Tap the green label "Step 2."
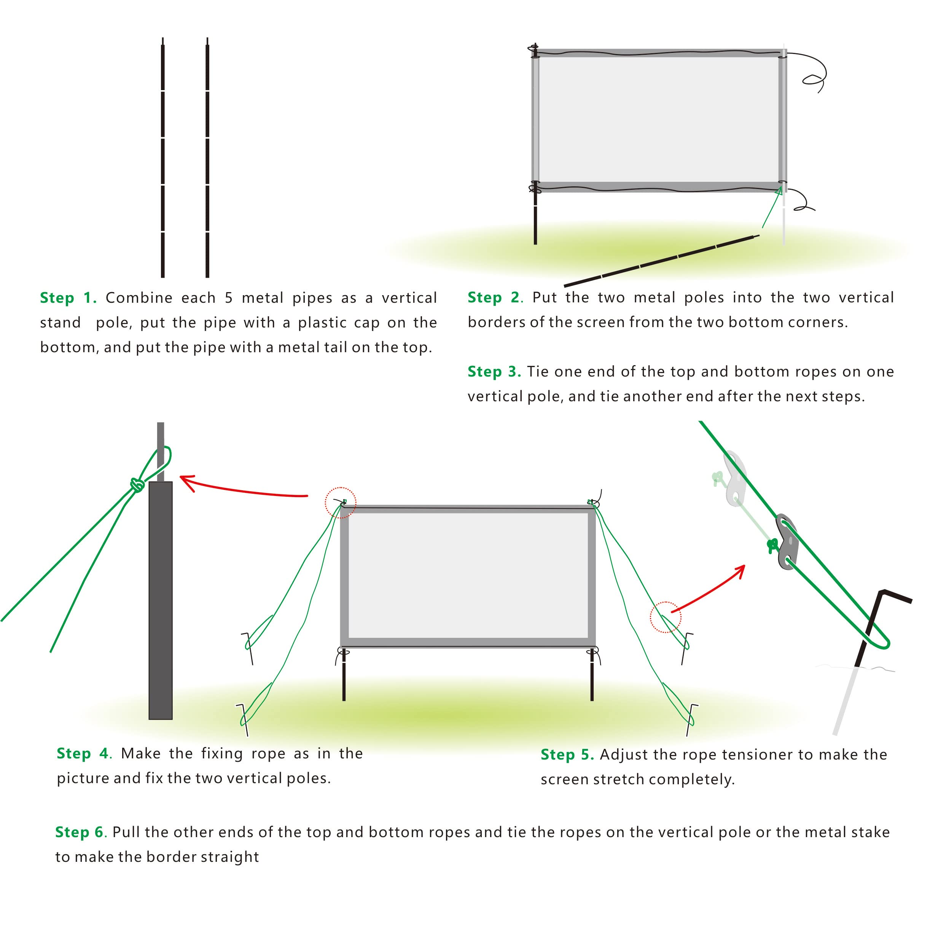pos(495,297)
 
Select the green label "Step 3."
pos(494,372)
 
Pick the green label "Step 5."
pos(567,754)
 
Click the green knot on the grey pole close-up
pos(137,485)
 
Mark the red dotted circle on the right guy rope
pos(666,617)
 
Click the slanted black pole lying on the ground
pos(661,261)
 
